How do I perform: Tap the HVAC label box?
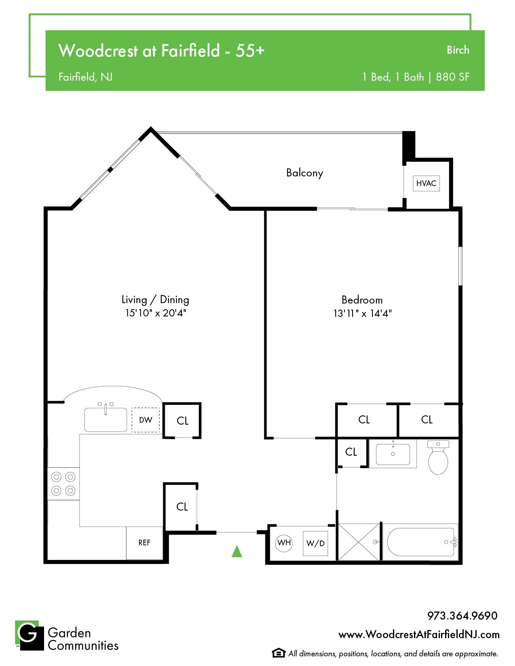[x=426, y=183]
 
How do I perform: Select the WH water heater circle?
[x=284, y=543]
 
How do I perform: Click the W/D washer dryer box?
[x=315, y=543]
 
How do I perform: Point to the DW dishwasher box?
[x=146, y=420]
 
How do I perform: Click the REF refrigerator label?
[x=144, y=543]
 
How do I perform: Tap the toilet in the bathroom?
[x=438, y=457]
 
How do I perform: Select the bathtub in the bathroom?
[x=420, y=542]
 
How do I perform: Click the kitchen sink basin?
[x=105, y=420]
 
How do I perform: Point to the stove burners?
[x=63, y=484]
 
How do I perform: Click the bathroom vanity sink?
[x=393, y=454]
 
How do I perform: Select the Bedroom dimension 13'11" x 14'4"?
[x=363, y=313]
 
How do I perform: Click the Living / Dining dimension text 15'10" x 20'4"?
[x=156, y=313]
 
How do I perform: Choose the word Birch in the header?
[x=458, y=50]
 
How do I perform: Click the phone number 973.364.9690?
[x=462, y=616]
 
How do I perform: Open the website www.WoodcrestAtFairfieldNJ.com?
[x=419, y=634]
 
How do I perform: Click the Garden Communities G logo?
[x=29, y=635]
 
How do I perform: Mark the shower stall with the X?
[x=359, y=542]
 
